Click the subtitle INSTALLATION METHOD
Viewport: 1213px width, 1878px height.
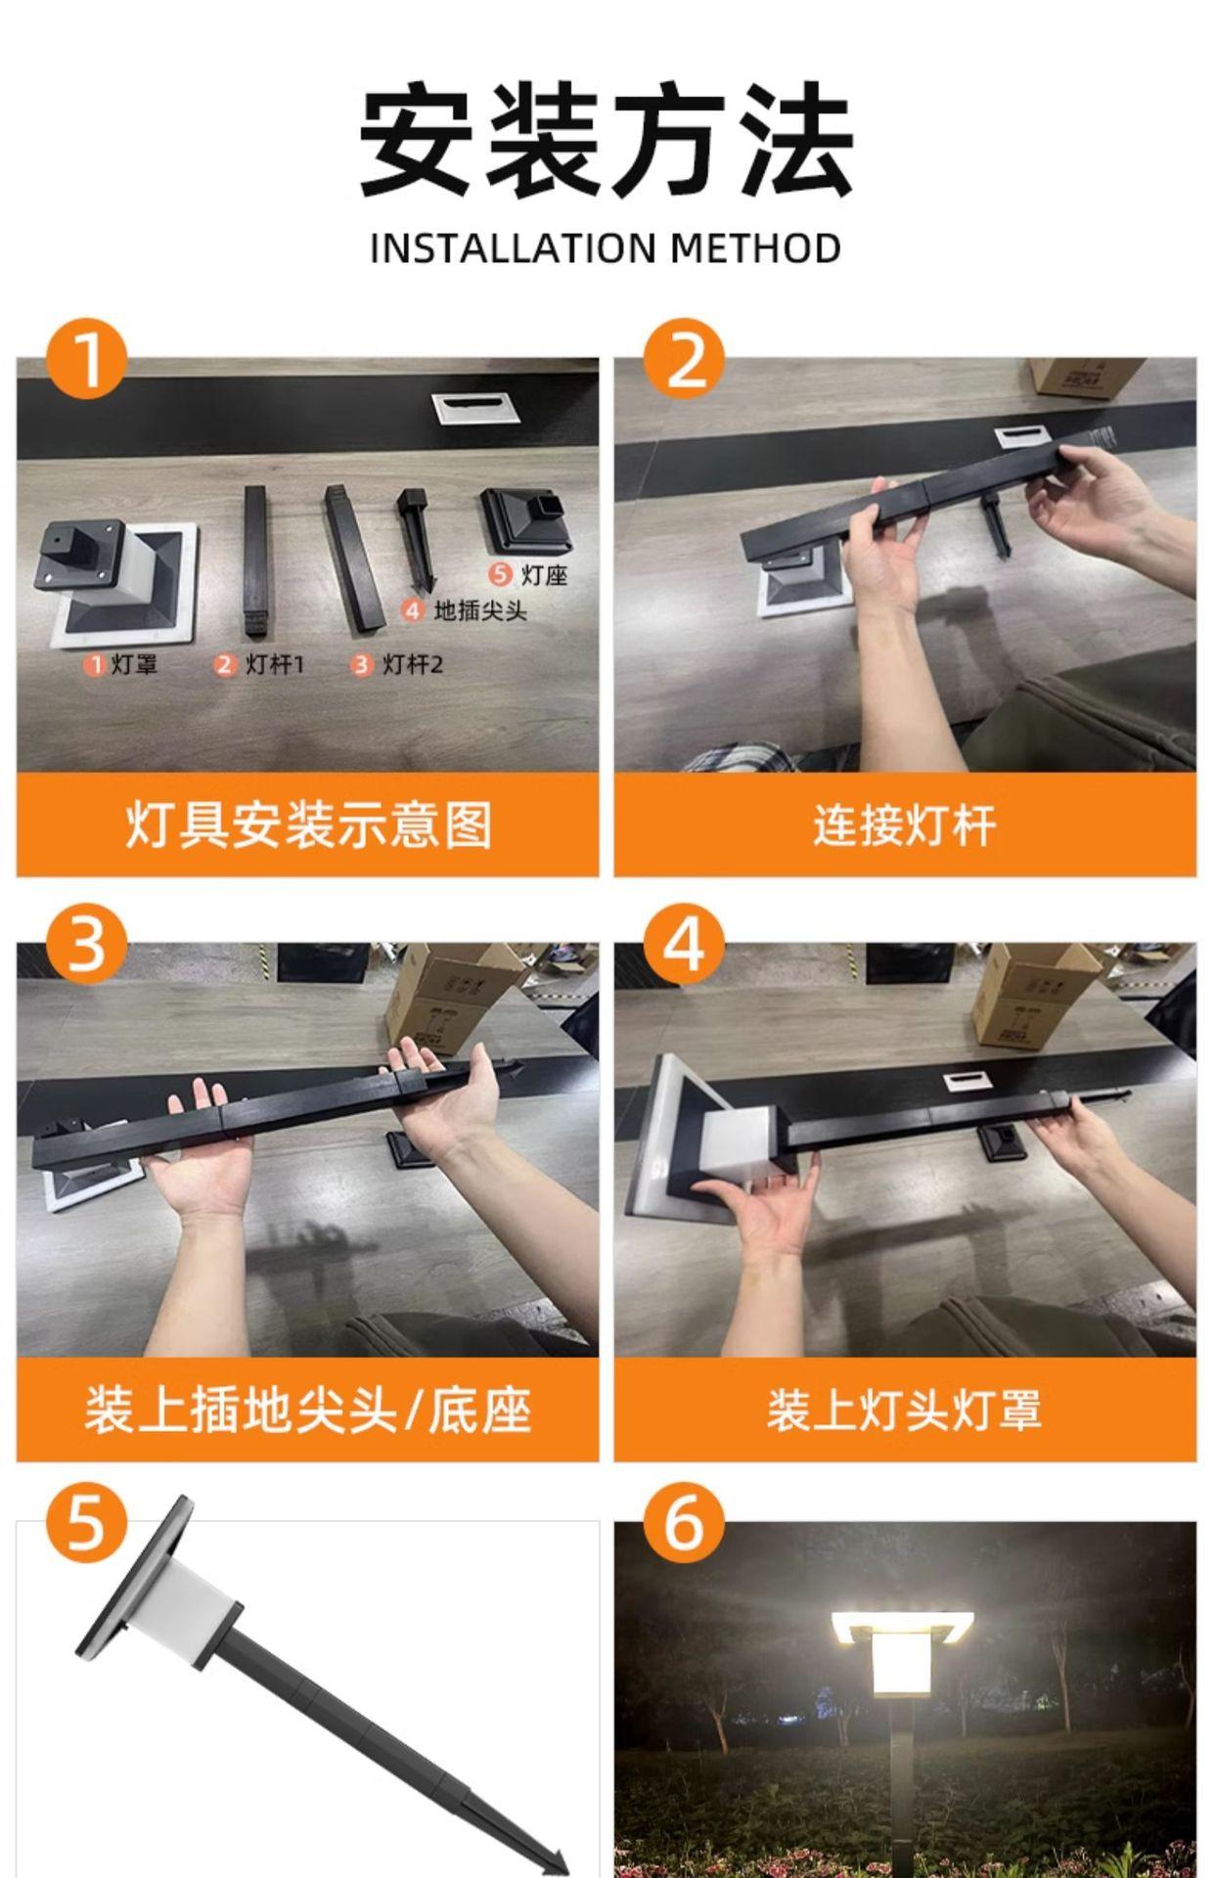point(606,248)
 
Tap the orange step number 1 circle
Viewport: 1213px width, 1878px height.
point(87,358)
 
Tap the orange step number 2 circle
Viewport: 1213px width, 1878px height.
point(684,358)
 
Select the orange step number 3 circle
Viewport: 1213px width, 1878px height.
point(87,944)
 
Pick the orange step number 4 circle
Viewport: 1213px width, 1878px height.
point(684,944)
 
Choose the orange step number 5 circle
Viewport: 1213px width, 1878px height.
point(87,1524)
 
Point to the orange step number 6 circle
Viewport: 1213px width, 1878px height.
point(684,1524)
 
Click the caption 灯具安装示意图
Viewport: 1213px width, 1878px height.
point(308,825)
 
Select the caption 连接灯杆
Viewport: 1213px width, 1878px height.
point(905,825)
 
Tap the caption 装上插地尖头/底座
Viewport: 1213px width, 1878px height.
point(308,1409)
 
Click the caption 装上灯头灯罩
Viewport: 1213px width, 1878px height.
point(905,1409)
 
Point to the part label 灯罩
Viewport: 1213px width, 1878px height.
point(134,664)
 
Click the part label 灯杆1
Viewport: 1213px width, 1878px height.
point(275,664)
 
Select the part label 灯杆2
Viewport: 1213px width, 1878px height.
point(413,664)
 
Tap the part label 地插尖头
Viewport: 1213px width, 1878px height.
point(480,610)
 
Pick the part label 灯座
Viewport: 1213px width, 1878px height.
point(544,574)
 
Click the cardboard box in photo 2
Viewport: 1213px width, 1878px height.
point(1086,377)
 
